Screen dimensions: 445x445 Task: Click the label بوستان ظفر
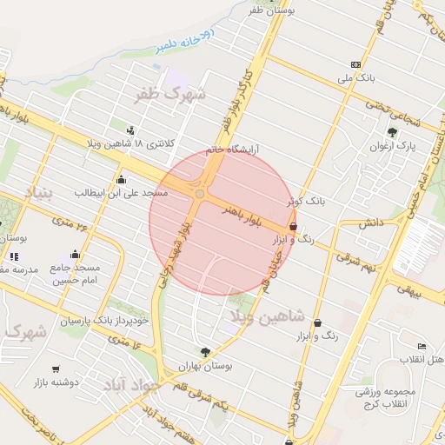click(x=271, y=10)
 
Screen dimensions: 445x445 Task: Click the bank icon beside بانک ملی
click(x=355, y=64)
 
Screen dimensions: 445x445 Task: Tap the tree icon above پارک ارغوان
click(x=393, y=132)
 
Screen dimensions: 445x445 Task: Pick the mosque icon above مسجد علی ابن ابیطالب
click(x=120, y=179)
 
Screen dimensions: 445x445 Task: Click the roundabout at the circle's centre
click(x=201, y=194)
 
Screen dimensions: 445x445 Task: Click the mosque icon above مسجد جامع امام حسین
click(x=76, y=255)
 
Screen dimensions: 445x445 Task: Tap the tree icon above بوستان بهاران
click(x=205, y=351)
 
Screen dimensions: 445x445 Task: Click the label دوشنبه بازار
click(x=56, y=381)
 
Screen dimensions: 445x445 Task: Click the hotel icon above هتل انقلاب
click(x=422, y=346)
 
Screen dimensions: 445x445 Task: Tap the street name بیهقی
click(x=408, y=293)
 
